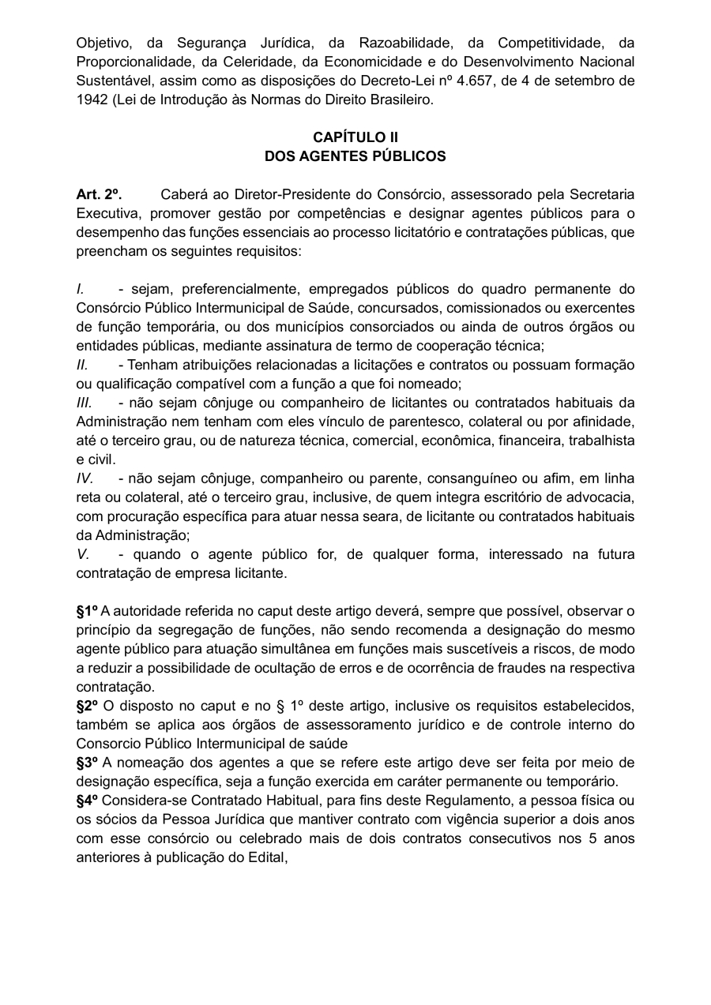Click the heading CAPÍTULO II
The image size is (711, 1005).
tap(355, 137)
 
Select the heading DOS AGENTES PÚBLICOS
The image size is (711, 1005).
tap(355, 156)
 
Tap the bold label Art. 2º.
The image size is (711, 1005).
tap(99, 194)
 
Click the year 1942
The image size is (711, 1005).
tap(92, 99)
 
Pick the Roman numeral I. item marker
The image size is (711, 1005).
tap(81, 289)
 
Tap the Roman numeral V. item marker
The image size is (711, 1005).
tap(83, 554)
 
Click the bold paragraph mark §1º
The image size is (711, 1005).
tap(87, 611)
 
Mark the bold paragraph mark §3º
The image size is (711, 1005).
tap(87, 763)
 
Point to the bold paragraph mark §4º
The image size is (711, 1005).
tap(87, 801)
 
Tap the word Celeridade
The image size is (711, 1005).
tap(265, 62)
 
